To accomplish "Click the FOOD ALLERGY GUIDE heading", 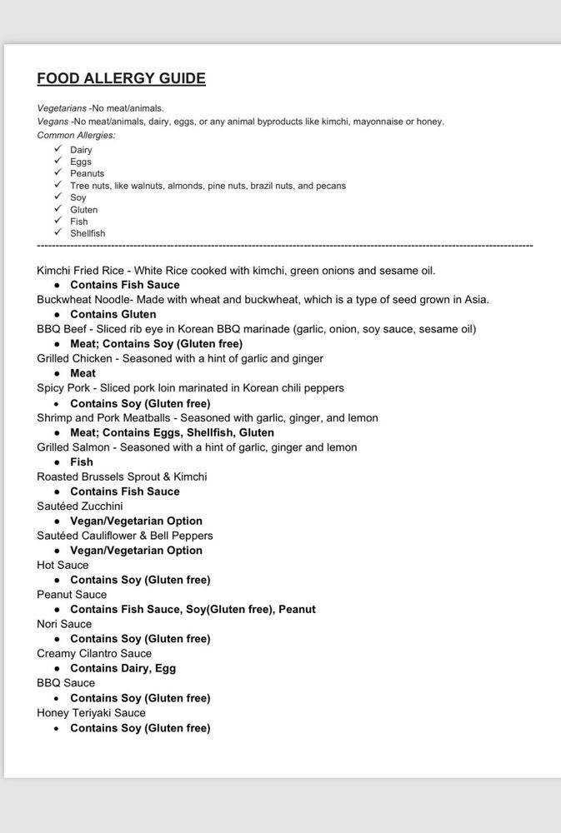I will (121, 78).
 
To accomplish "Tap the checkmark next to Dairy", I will (58, 149).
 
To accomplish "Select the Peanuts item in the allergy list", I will (88, 173).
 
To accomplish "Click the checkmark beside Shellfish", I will (58, 232).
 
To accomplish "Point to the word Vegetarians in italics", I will (61, 107).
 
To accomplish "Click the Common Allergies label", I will (76, 135).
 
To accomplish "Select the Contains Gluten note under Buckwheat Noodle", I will (113, 314).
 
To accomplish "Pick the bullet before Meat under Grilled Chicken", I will (57, 374).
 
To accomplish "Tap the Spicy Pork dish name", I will (63, 388).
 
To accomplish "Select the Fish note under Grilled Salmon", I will (82, 462).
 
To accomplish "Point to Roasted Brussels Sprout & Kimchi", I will (122, 476).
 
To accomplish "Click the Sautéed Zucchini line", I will (79, 506).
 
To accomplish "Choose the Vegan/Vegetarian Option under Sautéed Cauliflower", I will (136, 551).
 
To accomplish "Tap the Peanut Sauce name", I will (72, 595).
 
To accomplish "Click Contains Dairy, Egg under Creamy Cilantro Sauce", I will (123, 668).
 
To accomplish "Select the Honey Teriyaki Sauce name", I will (91, 713).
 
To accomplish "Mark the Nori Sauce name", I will (64, 624).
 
